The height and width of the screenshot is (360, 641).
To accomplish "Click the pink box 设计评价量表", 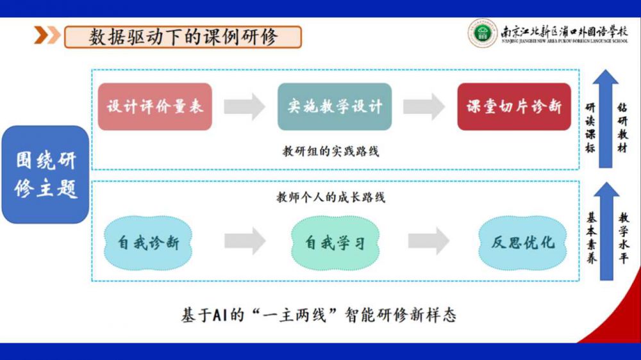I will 155,106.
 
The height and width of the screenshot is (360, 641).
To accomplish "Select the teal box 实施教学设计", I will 335,106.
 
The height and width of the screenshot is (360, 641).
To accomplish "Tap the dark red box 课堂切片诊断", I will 513,106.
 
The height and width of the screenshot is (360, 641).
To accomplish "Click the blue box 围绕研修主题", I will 46,174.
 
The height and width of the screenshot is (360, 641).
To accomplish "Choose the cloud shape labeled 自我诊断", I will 147,242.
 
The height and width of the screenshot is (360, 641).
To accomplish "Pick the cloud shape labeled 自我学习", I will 335,242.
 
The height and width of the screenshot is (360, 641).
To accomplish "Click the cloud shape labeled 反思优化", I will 522,242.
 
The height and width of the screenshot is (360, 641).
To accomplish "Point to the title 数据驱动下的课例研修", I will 183,37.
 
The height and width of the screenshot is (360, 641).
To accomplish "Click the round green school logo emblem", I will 482,33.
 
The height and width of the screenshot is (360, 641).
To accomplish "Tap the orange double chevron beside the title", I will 47,36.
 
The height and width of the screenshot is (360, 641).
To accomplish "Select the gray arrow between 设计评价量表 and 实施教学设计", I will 244,106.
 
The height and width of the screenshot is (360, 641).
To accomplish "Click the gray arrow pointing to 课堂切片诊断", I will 424,106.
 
